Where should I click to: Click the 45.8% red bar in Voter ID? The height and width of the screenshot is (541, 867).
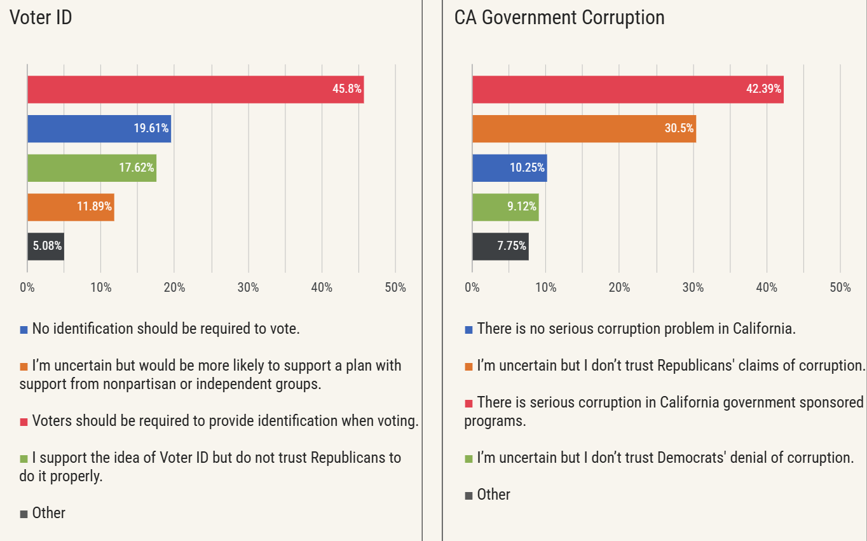coord(195,90)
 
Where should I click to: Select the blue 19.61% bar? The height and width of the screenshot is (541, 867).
coord(99,128)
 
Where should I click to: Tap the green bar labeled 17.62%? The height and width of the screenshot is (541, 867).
coord(92,168)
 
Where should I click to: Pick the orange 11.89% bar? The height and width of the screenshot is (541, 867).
coord(71,207)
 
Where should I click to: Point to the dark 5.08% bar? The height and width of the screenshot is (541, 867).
coord(45,246)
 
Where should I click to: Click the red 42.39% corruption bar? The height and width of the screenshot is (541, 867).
coord(627,90)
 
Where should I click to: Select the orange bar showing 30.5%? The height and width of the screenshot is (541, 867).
coord(584,128)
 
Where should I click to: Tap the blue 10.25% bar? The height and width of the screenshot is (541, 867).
coord(509,168)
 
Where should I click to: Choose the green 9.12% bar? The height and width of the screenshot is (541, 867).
coord(505,207)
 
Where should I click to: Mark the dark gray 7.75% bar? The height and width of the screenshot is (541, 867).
coord(500,246)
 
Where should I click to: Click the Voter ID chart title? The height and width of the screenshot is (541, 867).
coord(41,18)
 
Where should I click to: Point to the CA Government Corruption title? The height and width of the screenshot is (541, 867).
coord(559,18)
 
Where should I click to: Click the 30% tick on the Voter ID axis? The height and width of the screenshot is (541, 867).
coord(248,288)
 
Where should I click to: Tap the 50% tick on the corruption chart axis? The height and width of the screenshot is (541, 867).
coord(840,288)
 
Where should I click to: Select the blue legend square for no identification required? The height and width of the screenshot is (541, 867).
coord(24,330)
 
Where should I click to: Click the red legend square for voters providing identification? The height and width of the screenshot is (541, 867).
coord(24,421)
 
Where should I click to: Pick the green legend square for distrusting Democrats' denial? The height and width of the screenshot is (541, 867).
coord(469,458)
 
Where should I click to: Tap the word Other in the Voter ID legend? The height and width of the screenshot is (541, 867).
coord(49,513)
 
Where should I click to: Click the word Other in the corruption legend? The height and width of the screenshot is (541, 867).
coord(494,495)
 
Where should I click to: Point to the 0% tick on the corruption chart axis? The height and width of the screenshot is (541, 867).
coord(472,288)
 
